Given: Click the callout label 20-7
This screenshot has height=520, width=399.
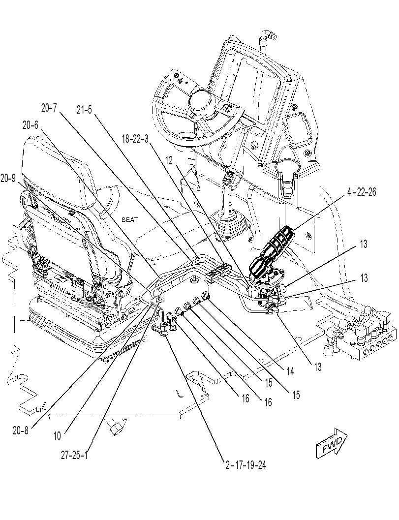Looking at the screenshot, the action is click(49, 108).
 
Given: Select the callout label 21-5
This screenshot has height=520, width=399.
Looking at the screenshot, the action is click(84, 110).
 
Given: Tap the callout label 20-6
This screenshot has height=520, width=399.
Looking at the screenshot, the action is click(31, 125).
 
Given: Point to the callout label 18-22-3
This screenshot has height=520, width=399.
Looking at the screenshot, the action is click(135, 139).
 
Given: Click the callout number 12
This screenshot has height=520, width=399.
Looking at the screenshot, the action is click(169, 160).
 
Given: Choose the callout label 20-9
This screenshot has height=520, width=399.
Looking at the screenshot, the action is click(8, 178).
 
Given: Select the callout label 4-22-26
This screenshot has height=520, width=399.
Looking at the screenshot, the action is click(362, 192).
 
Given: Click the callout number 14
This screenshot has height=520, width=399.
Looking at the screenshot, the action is click(290, 371).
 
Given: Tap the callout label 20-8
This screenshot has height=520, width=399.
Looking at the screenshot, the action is click(21, 430).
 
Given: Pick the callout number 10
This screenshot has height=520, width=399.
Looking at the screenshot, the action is click(57, 436).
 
